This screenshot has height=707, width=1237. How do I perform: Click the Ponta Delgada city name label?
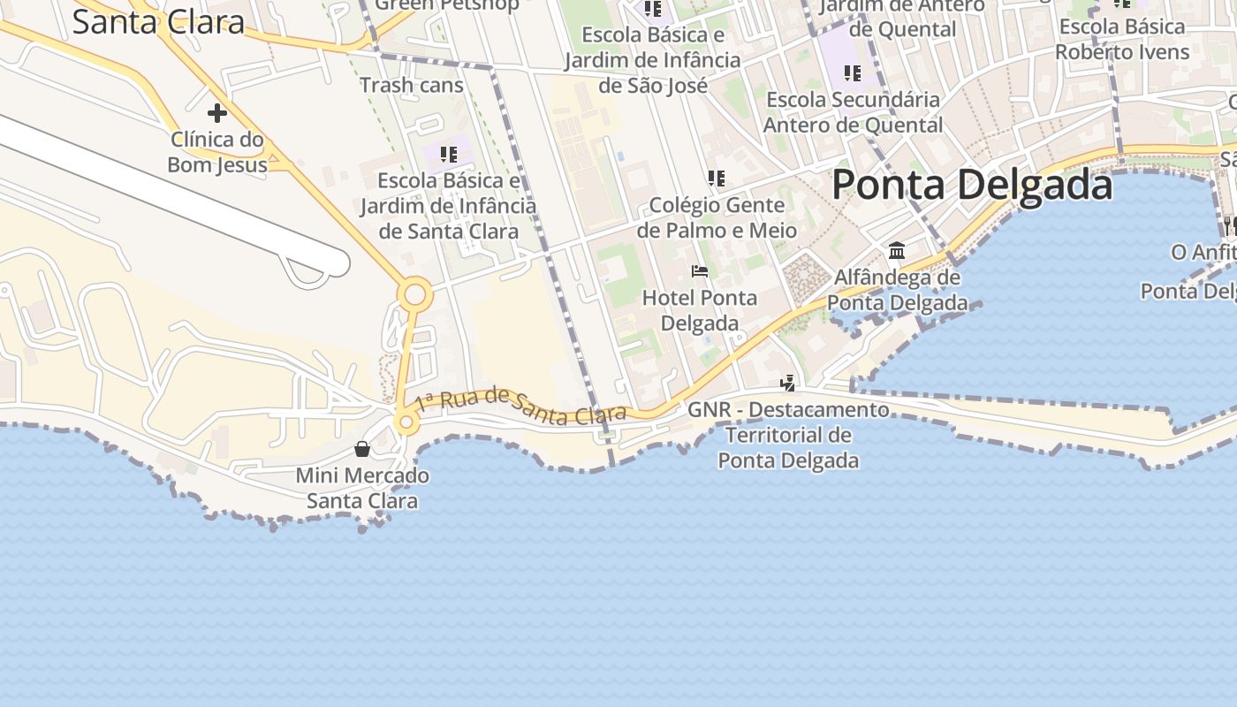(x=972, y=186)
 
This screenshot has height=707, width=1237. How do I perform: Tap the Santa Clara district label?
(x=158, y=21)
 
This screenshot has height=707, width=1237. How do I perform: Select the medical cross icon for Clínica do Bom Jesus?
(x=216, y=113)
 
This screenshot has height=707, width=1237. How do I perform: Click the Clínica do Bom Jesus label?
(x=216, y=152)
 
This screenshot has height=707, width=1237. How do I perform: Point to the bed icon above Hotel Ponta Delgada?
(x=700, y=271)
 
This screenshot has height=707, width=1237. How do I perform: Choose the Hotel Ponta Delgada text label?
(x=699, y=310)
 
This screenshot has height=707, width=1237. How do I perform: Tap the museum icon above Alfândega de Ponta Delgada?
(x=897, y=251)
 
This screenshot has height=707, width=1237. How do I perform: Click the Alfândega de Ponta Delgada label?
(x=897, y=290)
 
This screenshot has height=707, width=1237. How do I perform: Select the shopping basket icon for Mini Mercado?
(x=362, y=449)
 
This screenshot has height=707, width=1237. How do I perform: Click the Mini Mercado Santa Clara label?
(x=362, y=488)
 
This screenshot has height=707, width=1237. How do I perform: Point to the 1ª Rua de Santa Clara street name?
(x=521, y=406)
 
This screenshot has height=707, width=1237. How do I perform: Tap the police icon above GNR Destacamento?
(x=787, y=384)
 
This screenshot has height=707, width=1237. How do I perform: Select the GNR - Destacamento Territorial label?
(x=788, y=435)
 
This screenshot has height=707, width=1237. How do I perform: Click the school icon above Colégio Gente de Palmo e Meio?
(x=717, y=179)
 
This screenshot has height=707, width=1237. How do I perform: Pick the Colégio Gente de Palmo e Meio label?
(x=717, y=217)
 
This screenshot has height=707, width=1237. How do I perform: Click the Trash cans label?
(x=412, y=86)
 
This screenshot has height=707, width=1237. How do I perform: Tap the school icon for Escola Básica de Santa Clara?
(x=449, y=155)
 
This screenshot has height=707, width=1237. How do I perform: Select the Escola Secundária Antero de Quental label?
(x=853, y=112)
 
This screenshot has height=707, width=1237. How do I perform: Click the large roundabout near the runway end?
(x=414, y=295)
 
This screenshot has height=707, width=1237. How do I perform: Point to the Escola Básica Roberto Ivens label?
(x=1122, y=40)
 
